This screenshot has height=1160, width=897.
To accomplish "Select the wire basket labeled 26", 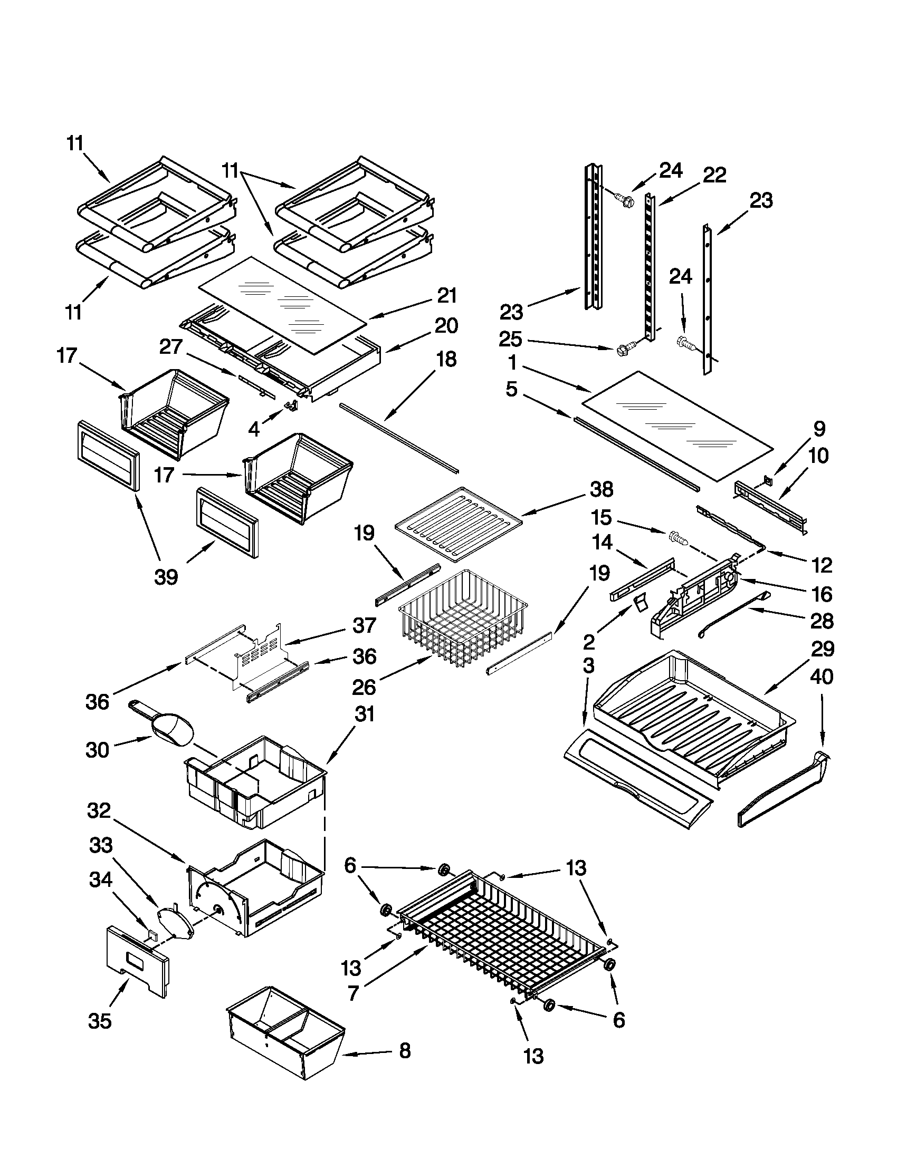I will (462, 619).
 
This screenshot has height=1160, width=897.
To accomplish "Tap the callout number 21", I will (447, 295).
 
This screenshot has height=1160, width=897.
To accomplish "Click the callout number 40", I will (822, 676).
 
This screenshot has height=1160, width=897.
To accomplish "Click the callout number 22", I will (714, 175).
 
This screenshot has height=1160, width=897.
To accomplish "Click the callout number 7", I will (354, 991).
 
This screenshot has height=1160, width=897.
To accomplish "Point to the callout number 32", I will (100, 810).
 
